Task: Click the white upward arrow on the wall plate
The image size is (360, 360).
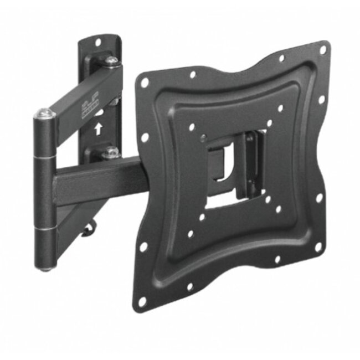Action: [98, 130]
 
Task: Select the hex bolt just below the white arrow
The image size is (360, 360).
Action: [111, 151]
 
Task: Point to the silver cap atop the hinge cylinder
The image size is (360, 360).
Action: [45, 114]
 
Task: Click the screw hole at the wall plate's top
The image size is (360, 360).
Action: [99, 42]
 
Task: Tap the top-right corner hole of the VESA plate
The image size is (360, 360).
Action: [322, 49]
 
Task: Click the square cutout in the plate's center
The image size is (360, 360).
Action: [233, 166]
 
